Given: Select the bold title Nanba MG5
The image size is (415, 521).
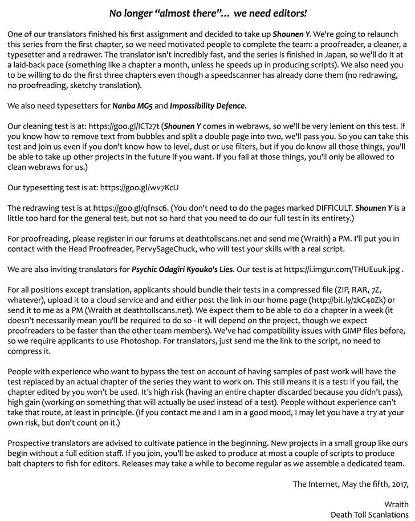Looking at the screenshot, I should (x=132, y=106).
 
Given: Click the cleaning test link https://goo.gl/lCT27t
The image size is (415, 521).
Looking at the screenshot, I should (x=125, y=127).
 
